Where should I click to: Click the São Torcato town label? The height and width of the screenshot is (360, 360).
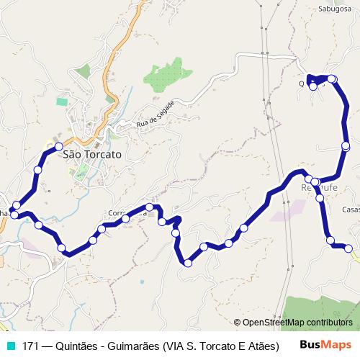(x=92, y=154)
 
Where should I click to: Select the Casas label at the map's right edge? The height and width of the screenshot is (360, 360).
(x=351, y=210)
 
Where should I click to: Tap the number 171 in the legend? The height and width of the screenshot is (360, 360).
(x=30, y=346)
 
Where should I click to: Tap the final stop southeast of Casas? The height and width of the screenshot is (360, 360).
(x=349, y=248)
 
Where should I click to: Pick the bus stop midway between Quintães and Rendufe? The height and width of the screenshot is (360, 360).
(x=346, y=146)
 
